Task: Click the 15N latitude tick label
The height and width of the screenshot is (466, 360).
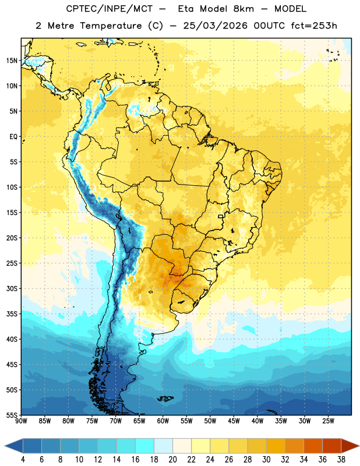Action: (x=12, y=61)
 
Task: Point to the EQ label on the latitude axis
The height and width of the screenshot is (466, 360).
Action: (x=13, y=137)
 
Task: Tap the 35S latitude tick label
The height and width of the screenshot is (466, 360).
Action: (x=12, y=314)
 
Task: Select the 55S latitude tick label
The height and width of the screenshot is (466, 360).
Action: (x=12, y=415)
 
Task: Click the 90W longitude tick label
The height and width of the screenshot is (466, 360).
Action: (x=21, y=421)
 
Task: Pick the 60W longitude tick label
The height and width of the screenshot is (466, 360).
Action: (x=163, y=421)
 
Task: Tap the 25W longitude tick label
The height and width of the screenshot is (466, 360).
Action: (x=328, y=421)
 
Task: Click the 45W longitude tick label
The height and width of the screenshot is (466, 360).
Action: (x=234, y=421)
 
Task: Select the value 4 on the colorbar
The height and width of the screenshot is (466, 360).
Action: (x=23, y=460)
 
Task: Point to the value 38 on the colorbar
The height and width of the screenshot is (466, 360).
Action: (x=341, y=460)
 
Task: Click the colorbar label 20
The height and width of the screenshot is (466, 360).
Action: (x=172, y=460)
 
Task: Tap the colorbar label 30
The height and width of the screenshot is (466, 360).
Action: (x=266, y=460)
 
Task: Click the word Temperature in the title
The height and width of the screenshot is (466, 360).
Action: (x=111, y=26)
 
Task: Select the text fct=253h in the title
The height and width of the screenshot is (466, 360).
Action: (x=314, y=26)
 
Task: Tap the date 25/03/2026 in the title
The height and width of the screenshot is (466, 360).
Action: (x=215, y=26)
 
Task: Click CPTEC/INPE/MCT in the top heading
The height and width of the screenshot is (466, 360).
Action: (x=109, y=9)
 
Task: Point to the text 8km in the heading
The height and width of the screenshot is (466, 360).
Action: (x=243, y=9)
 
